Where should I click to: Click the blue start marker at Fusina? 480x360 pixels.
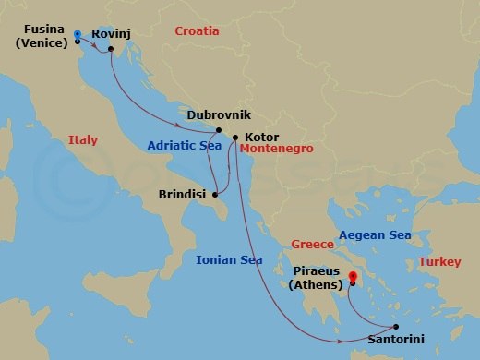coord(78,34)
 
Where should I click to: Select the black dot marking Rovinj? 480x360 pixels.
coord(110,48)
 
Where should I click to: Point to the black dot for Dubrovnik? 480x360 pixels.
coord(219,130)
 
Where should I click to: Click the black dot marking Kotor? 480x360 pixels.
coord(235,138)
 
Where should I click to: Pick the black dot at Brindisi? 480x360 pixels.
coord(215,195)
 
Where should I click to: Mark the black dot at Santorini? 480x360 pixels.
coord(395,327)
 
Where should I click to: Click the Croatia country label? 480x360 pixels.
coord(198,31)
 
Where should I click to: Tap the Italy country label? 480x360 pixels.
coord(83,140)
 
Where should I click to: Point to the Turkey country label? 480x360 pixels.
coord(438,262)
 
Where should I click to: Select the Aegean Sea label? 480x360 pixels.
coord(375,235)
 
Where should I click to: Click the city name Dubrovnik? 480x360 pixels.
coord(219,115)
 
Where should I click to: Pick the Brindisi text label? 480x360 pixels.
coord(183,196)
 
